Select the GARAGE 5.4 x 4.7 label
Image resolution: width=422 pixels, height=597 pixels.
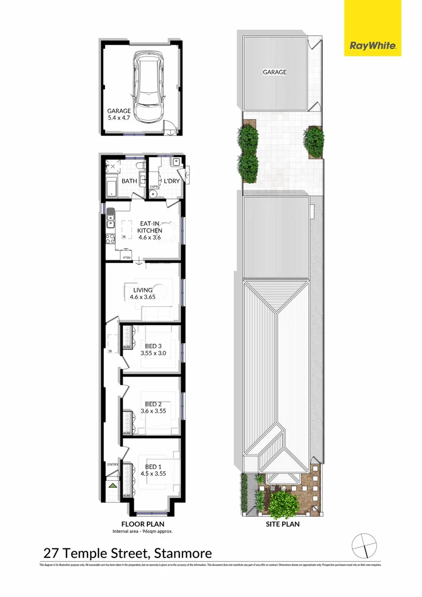(x=119, y=114)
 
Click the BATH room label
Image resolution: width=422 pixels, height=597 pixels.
(x=129, y=181)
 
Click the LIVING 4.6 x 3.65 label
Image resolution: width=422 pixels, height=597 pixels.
(x=143, y=293)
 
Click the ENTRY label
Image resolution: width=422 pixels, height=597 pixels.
(x=113, y=464)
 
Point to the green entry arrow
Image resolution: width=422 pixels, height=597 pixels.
(x=112, y=485)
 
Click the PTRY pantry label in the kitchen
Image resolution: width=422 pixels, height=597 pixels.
(x=127, y=257)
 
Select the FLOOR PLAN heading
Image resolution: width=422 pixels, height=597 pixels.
(x=143, y=523)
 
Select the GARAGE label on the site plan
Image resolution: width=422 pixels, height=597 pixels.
(x=275, y=72)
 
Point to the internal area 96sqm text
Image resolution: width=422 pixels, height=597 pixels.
(x=143, y=531)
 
